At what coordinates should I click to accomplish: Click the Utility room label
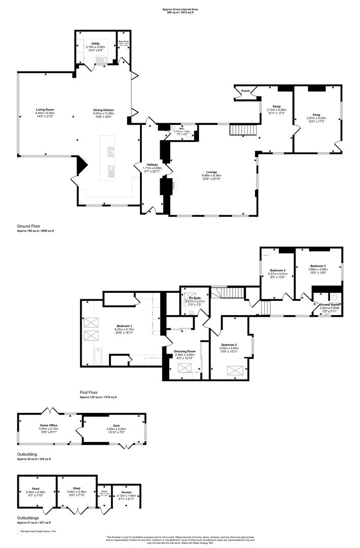(95, 44)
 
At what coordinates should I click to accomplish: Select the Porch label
(245, 91)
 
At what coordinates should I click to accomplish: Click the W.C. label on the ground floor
(182, 128)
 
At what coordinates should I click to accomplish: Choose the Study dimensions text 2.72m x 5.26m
(276, 110)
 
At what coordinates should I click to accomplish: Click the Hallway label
(153, 164)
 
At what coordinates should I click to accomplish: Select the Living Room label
(45, 110)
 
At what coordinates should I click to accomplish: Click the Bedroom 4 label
(277, 270)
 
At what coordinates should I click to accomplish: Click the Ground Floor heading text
(28, 226)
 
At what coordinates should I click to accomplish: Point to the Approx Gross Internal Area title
(180, 9)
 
